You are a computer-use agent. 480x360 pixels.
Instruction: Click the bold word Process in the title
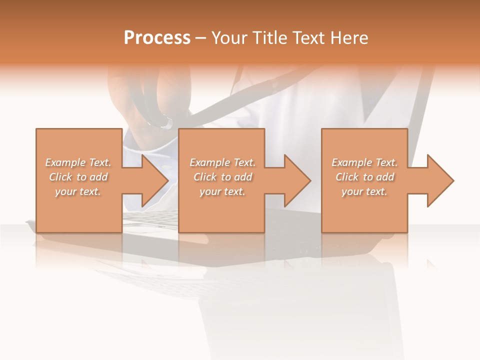pyautogui.click(x=157, y=38)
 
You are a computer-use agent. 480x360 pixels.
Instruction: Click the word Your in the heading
pyautogui.click(x=230, y=38)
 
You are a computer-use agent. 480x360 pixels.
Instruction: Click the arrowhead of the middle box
pyautogui.click(x=297, y=180)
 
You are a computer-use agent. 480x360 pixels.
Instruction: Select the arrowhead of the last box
pyautogui.click(x=439, y=180)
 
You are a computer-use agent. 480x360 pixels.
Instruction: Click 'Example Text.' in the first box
pyautogui.click(x=78, y=162)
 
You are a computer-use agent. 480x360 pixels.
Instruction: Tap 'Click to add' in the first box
pyautogui.click(x=78, y=177)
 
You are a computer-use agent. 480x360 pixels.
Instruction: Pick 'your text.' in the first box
pyautogui.click(x=78, y=191)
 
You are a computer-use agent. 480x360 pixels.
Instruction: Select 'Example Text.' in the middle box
pyautogui.click(x=222, y=162)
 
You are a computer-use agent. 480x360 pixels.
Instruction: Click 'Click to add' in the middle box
pyautogui.click(x=222, y=177)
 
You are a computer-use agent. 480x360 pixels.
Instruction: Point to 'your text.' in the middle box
pyautogui.click(x=222, y=191)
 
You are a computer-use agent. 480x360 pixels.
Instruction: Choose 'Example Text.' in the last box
pyautogui.click(x=364, y=162)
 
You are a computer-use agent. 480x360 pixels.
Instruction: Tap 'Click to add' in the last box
pyautogui.click(x=364, y=177)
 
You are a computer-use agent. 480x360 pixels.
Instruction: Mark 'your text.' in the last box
pyautogui.click(x=364, y=191)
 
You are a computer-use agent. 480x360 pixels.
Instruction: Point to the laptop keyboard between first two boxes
pyautogui.click(x=150, y=220)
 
